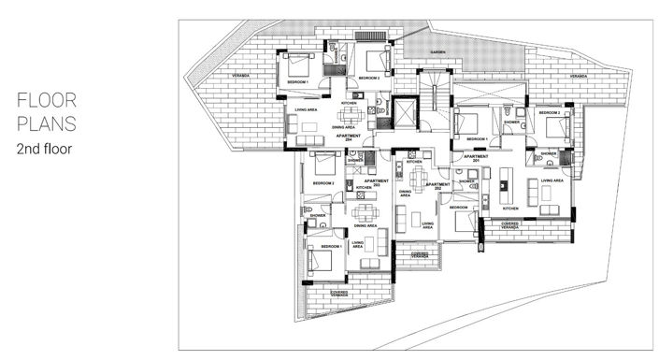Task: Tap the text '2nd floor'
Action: click(x=45, y=149)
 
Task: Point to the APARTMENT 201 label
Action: click(x=476, y=159)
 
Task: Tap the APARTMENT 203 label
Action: click(x=377, y=183)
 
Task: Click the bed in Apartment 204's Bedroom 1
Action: click(x=300, y=66)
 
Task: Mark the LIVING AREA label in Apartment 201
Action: click(x=552, y=180)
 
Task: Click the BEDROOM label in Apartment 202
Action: click(x=457, y=207)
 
